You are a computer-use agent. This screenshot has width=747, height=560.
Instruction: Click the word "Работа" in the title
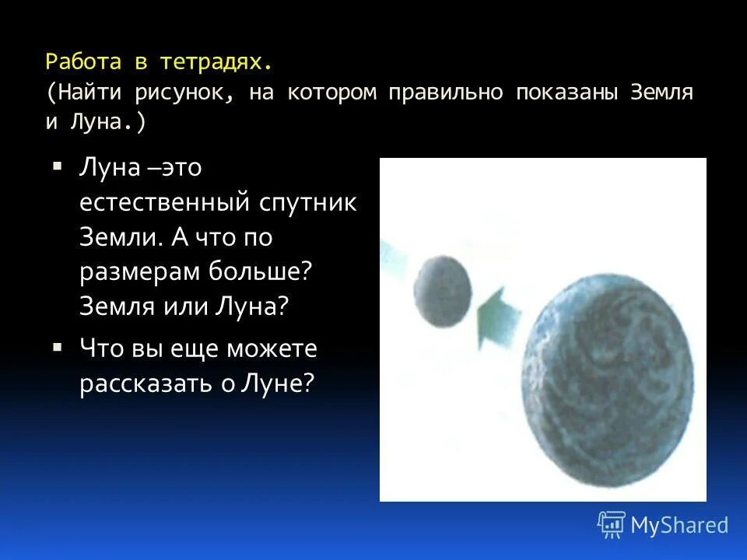[x=80, y=61]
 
